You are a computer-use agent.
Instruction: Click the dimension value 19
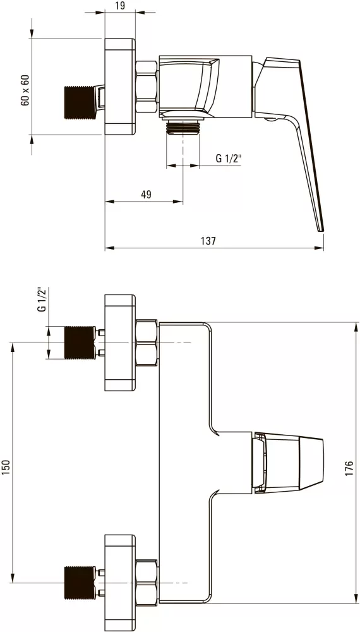click(119, 5)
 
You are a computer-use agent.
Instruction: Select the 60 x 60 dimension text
click(25, 90)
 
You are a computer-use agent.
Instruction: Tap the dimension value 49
click(146, 194)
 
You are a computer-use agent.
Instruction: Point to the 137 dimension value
click(208, 241)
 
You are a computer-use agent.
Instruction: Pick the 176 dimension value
click(349, 469)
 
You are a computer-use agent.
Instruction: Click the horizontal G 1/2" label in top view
click(229, 158)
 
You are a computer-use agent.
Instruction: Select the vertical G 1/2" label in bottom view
click(41, 300)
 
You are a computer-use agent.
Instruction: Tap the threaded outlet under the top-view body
click(183, 128)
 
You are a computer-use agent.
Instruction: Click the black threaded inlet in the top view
click(80, 102)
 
